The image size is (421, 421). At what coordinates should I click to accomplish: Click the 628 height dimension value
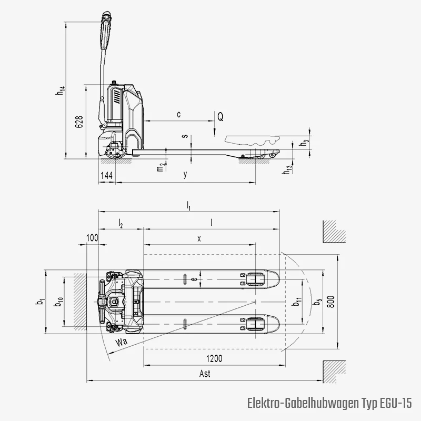pos(79,122)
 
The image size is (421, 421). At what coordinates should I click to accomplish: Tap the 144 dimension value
pos(107,176)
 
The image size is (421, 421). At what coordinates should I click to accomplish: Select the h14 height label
pos(61,91)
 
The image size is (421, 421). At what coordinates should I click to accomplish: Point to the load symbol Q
pos(220,117)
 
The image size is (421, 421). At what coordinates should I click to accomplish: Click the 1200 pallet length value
pos(214,358)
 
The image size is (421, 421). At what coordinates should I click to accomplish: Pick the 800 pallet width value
pos(332,302)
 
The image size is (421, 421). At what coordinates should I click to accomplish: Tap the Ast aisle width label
pos(205,374)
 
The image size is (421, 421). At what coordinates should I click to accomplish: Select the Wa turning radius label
pos(122,342)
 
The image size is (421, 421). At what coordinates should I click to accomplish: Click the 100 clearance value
pos(93,238)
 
